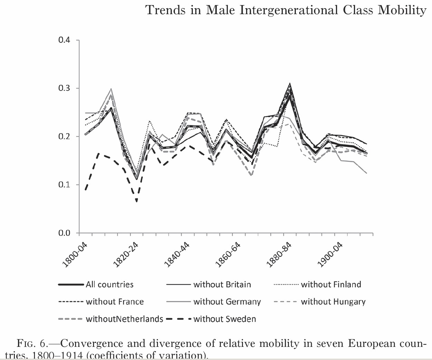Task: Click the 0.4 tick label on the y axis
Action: click(64, 40)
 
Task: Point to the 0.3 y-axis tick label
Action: click(64, 88)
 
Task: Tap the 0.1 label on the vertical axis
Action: click(64, 185)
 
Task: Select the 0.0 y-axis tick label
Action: click(64, 233)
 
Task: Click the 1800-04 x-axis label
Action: click(75, 256)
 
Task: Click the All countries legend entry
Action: click(110, 285)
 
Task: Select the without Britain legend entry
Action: click(222, 285)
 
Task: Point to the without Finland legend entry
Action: click(331, 285)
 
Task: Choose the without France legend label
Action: click(115, 302)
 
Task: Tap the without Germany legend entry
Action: click(227, 302)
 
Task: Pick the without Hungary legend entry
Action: click(333, 302)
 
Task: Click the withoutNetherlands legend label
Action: click(124, 319)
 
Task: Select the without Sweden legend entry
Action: click(225, 319)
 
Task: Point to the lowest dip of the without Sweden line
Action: click(137, 201)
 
